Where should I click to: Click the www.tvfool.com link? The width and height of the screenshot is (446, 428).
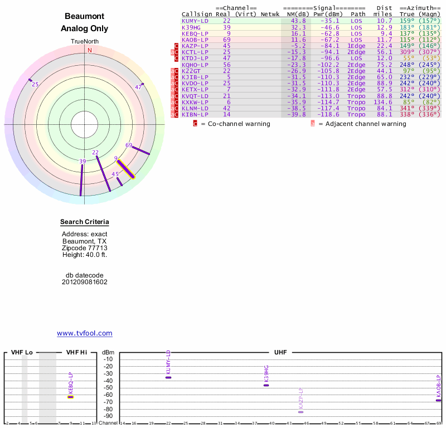click(85, 333)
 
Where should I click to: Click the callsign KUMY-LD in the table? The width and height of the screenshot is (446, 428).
click(196, 21)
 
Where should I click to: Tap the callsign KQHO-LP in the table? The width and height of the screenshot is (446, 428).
click(196, 64)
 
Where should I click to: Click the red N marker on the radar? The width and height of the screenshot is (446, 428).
click(89, 50)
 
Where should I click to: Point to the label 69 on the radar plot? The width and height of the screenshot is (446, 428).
click(129, 145)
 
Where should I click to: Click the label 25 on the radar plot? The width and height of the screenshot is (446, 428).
click(35, 85)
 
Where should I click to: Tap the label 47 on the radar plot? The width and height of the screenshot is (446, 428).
click(139, 87)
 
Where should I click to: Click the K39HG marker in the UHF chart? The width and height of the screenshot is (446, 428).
click(266, 385)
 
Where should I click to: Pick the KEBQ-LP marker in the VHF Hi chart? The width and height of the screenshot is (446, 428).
click(71, 397)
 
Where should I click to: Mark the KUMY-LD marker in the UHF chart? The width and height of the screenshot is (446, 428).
click(168, 377)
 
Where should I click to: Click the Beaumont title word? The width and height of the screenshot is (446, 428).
click(85, 17)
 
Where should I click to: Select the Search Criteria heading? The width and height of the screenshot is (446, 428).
click(85, 222)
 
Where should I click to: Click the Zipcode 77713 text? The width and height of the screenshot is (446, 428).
click(85, 248)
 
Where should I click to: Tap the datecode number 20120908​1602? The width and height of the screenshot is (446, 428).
click(85, 282)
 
